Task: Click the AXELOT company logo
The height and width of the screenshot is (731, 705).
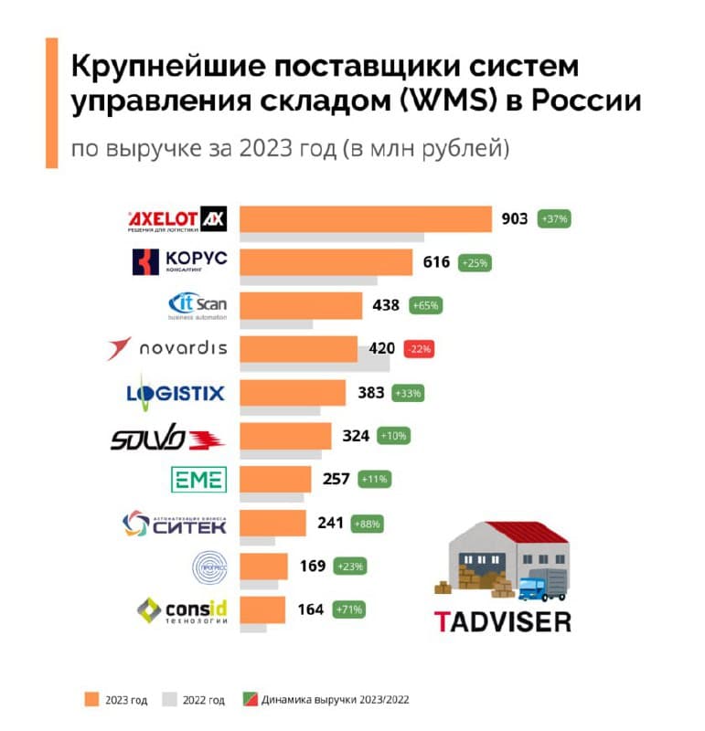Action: (x=176, y=219)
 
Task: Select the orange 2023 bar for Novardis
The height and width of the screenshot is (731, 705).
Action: (x=298, y=348)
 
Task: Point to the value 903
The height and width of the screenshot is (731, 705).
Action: (x=515, y=219)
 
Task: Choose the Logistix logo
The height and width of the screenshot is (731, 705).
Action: (x=176, y=393)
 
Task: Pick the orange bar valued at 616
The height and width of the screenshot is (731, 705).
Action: (x=326, y=262)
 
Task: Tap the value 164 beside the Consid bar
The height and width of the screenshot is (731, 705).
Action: (x=311, y=609)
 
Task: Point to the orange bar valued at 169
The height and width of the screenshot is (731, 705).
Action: (x=263, y=566)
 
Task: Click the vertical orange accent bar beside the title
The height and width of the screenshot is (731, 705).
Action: (x=52, y=102)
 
